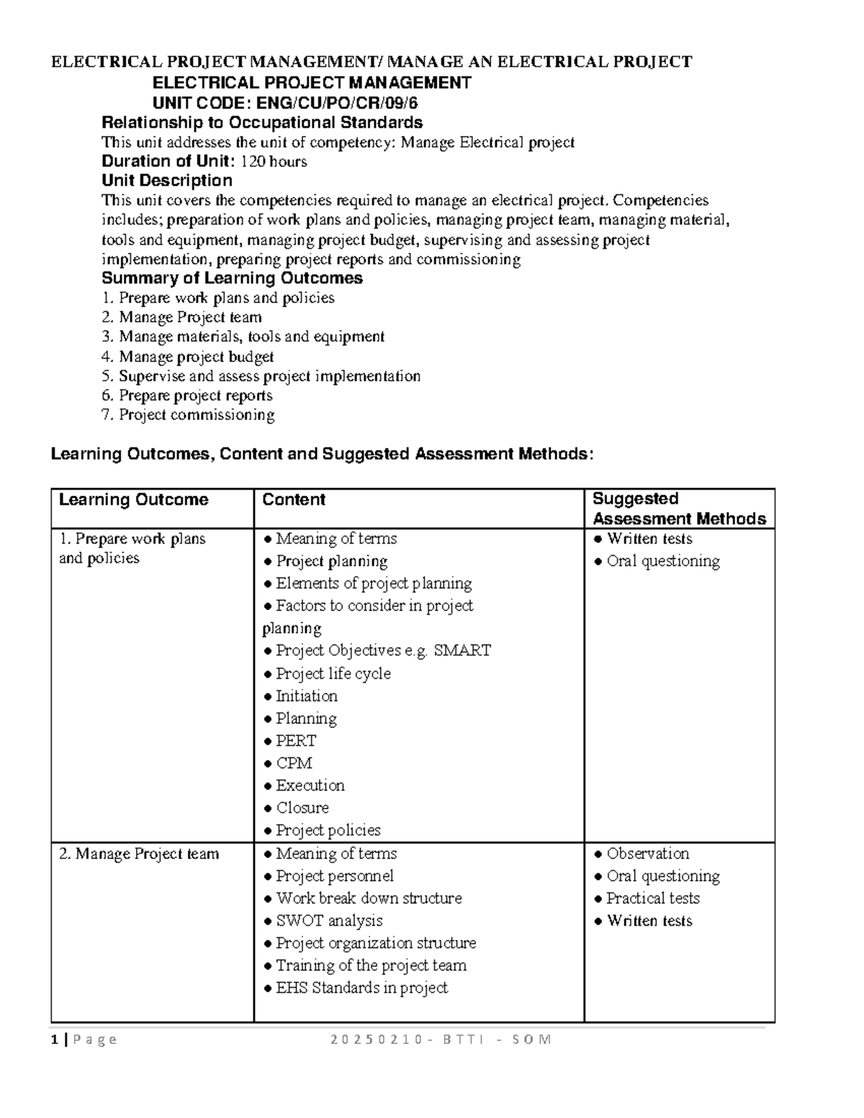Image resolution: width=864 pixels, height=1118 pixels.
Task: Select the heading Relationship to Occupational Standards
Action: (261, 122)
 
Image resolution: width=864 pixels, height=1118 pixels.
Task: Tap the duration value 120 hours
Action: (274, 161)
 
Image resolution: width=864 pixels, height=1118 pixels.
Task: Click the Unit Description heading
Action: (167, 181)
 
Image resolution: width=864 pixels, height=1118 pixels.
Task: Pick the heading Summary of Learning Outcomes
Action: (232, 279)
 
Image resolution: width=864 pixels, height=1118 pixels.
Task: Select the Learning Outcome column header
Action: (133, 500)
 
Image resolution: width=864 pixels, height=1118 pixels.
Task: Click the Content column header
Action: (294, 500)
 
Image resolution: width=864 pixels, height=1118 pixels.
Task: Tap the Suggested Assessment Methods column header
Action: (678, 509)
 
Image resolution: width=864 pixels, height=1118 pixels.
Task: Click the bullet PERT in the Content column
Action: (295, 741)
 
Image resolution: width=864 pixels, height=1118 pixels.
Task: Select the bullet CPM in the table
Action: (294, 763)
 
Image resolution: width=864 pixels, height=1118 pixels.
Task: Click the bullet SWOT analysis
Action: (328, 921)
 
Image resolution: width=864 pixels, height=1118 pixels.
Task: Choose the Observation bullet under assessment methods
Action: (647, 854)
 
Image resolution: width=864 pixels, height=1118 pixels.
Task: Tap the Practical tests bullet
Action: (652, 898)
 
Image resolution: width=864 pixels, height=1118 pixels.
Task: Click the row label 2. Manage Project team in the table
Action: (138, 854)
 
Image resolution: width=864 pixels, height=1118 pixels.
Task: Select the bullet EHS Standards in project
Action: (361, 988)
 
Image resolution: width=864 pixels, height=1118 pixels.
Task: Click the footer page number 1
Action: (55, 1040)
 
